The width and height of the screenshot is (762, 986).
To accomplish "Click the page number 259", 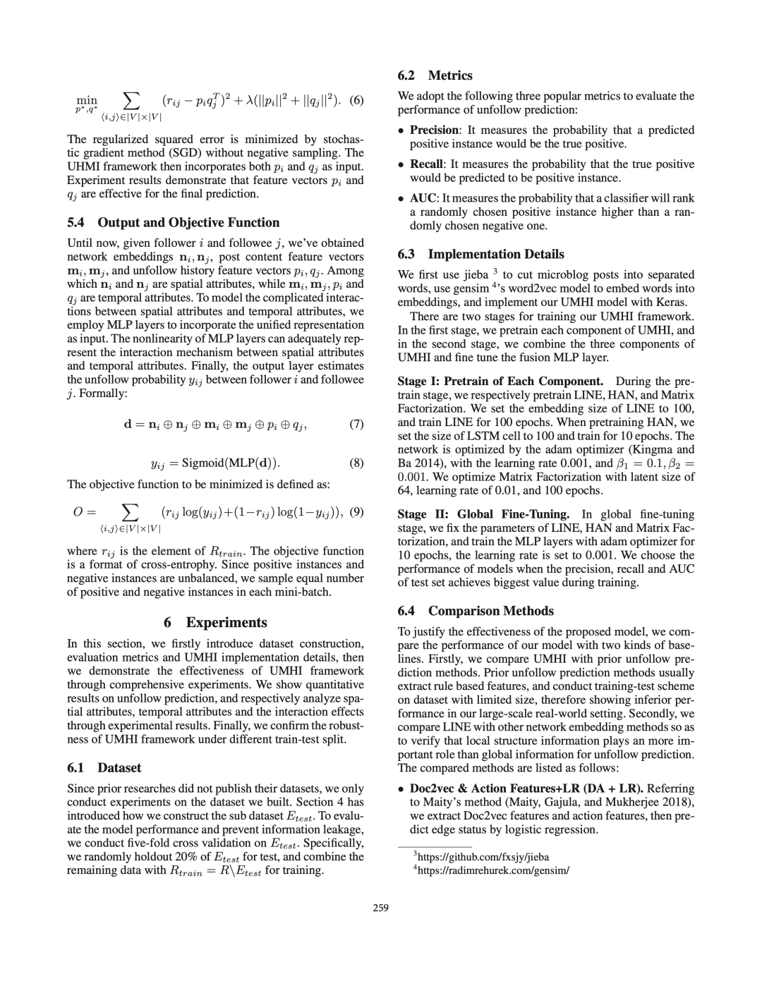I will click(x=381, y=908).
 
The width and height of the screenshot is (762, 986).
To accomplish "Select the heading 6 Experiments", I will click(x=215, y=622).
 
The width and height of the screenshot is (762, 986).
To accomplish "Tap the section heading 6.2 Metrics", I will click(x=435, y=75).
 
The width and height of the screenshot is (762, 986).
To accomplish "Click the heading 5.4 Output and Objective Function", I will click(x=173, y=222).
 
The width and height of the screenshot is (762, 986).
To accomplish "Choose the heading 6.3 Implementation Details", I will click(x=480, y=254).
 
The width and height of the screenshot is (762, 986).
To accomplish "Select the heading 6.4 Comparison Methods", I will click(x=476, y=611).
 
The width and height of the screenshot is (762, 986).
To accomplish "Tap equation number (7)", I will click(x=356, y=425).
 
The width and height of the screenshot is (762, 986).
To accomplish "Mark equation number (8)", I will click(x=356, y=463).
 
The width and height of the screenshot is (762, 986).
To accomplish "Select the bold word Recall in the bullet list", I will click(x=427, y=164).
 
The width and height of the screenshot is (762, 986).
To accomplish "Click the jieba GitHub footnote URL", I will click(x=482, y=857).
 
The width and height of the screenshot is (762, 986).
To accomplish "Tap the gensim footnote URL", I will click(x=492, y=870).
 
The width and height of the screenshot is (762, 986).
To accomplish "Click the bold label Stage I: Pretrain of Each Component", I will click(x=500, y=381).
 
